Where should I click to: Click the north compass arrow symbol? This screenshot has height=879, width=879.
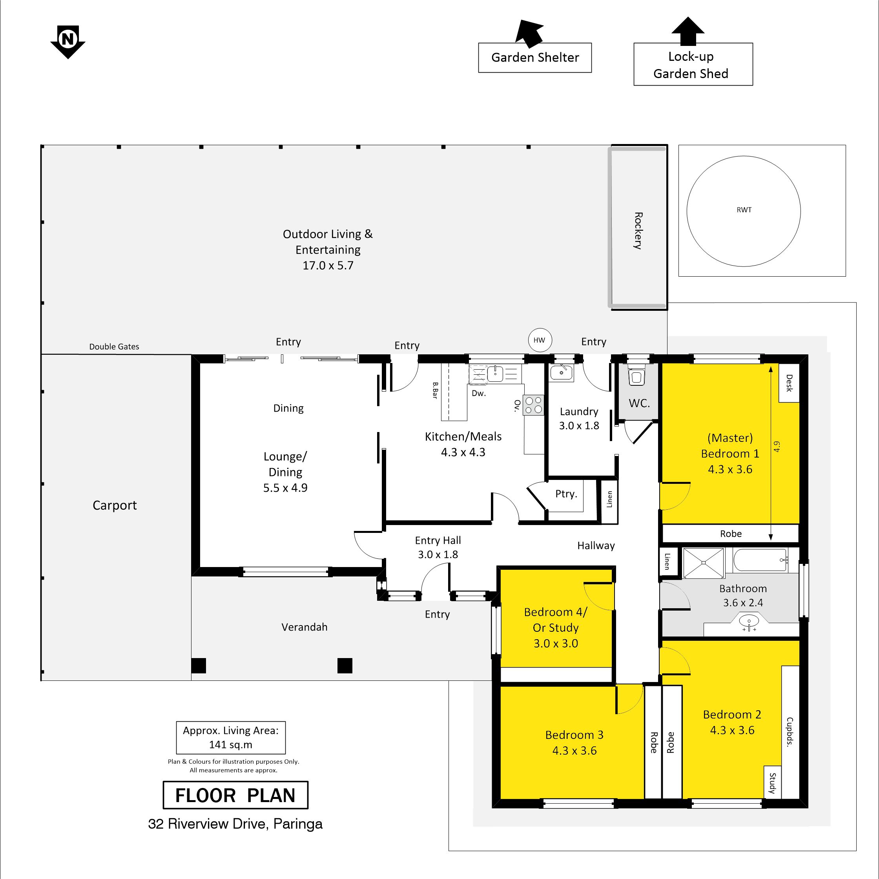tap(68, 42)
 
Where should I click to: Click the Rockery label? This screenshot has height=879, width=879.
tap(638, 231)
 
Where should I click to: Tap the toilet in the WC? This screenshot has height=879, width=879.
tap(636, 376)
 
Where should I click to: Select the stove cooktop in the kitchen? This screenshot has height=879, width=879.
tap(534, 405)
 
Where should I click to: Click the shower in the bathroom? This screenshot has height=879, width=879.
tap(703, 563)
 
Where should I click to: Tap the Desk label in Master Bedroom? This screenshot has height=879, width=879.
tap(790, 383)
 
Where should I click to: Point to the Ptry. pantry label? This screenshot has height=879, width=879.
tap(566, 494)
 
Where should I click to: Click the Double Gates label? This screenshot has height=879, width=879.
tap(114, 346)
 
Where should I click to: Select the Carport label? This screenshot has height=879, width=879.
tap(115, 505)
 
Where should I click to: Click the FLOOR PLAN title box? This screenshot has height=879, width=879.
tap(235, 795)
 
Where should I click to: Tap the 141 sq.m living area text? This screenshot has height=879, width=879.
tap(231, 745)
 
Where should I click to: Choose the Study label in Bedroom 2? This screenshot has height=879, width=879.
tap(772, 782)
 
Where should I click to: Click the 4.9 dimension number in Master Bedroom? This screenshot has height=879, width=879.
tap(777, 446)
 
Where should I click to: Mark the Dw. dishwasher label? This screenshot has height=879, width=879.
tap(479, 393)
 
